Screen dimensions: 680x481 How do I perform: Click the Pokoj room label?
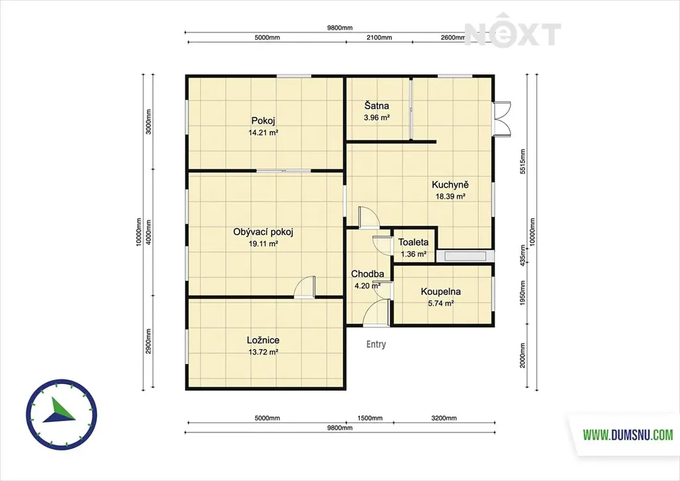click(263, 120)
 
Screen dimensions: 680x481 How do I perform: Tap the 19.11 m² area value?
click(263, 244)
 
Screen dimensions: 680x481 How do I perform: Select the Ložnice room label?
click(263, 340)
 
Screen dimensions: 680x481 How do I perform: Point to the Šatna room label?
click(377, 106)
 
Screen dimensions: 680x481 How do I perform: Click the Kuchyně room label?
click(450, 185)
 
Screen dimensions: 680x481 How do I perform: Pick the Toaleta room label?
click(413, 242)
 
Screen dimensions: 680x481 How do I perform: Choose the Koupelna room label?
click(441, 292)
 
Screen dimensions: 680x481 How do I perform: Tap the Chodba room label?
click(367, 274)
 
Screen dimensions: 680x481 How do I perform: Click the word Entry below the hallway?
click(376, 344)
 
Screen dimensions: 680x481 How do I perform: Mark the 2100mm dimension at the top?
click(379, 37)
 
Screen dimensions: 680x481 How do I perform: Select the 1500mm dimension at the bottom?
click(370, 418)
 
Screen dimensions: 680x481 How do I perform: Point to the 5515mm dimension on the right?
click(523, 161)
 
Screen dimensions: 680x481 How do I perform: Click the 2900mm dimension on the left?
click(148, 341)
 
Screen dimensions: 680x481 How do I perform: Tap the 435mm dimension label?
click(523, 255)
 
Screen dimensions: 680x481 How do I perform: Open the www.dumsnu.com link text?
click(628, 434)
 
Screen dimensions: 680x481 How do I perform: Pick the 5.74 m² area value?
click(441, 304)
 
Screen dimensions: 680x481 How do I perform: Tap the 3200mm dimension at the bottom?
click(444, 418)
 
